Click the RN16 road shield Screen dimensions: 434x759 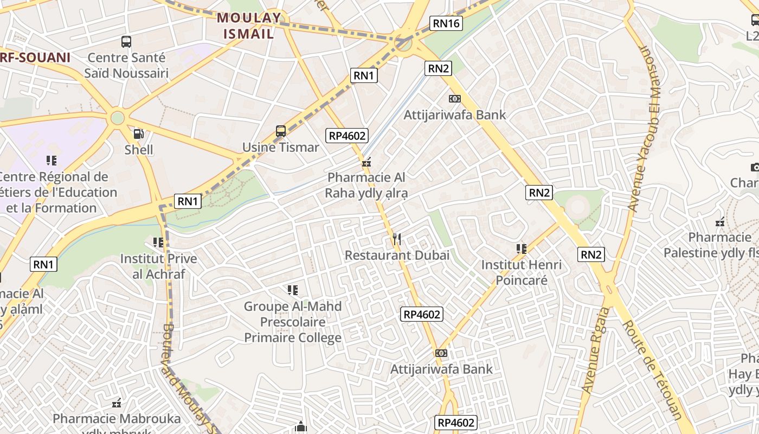click(446, 23)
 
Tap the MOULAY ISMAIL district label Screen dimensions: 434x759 click(249, 25)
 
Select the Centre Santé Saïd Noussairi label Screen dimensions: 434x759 click(126, 65)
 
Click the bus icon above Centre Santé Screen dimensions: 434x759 click(126, 41)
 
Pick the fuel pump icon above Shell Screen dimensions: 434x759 click(139, 133)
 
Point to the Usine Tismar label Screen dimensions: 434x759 click(280, 147)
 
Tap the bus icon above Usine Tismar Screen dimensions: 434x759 click(280, 131)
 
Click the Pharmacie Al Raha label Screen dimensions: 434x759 click(366, 185)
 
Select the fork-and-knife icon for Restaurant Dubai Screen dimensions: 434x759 click(396, 239)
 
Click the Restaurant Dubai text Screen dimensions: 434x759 click(397, 255)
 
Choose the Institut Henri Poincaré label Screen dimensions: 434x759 click(522, 272)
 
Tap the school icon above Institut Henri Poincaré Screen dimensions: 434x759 click(522, 248)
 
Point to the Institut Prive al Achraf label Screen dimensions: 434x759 click(158, 266)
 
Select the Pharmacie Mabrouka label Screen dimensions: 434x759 click(117, 419)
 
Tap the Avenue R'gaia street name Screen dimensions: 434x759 click(595, 350)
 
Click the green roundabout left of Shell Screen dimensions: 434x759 click(117, 118)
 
